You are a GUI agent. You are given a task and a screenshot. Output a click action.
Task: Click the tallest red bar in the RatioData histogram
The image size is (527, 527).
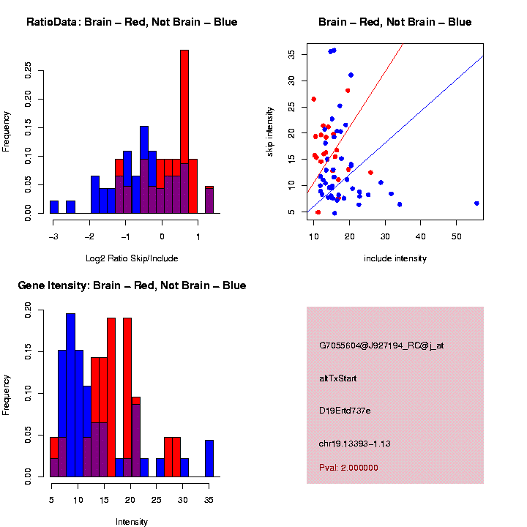[x=184, y=110]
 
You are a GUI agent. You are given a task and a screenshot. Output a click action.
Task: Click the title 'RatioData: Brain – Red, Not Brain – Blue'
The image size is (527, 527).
[x=132, y=22]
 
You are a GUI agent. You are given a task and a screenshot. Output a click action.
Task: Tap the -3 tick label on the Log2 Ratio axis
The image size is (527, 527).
[x=53, y=237]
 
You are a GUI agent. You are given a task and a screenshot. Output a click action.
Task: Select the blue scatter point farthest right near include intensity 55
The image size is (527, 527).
[x=476, y=203]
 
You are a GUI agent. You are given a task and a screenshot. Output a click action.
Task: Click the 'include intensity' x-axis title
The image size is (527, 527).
[x=395, y=258]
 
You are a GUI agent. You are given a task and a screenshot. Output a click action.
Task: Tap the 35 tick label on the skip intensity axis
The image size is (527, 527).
[x=292, y=54]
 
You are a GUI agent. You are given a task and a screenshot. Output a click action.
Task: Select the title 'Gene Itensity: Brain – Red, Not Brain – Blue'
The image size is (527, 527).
[x=132, y=285]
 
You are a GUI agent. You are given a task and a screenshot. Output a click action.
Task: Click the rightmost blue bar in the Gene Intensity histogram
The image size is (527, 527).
[x=209, y=458]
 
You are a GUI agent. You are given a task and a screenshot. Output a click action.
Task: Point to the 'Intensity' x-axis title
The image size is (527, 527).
[x=132, y=522]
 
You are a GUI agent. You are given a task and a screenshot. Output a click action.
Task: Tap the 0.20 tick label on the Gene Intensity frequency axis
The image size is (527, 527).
[x=29, y=311]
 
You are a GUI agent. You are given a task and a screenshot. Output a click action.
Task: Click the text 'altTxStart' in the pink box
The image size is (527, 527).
[x=338, y=378]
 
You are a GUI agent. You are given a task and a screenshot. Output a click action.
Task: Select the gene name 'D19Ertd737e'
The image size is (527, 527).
[x=345, y=411]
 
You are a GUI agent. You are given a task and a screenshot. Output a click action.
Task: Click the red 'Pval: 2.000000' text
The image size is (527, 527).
[x=348, y=468]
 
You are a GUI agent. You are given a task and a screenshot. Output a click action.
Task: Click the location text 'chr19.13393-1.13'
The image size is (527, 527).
[x=356, y=444]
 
